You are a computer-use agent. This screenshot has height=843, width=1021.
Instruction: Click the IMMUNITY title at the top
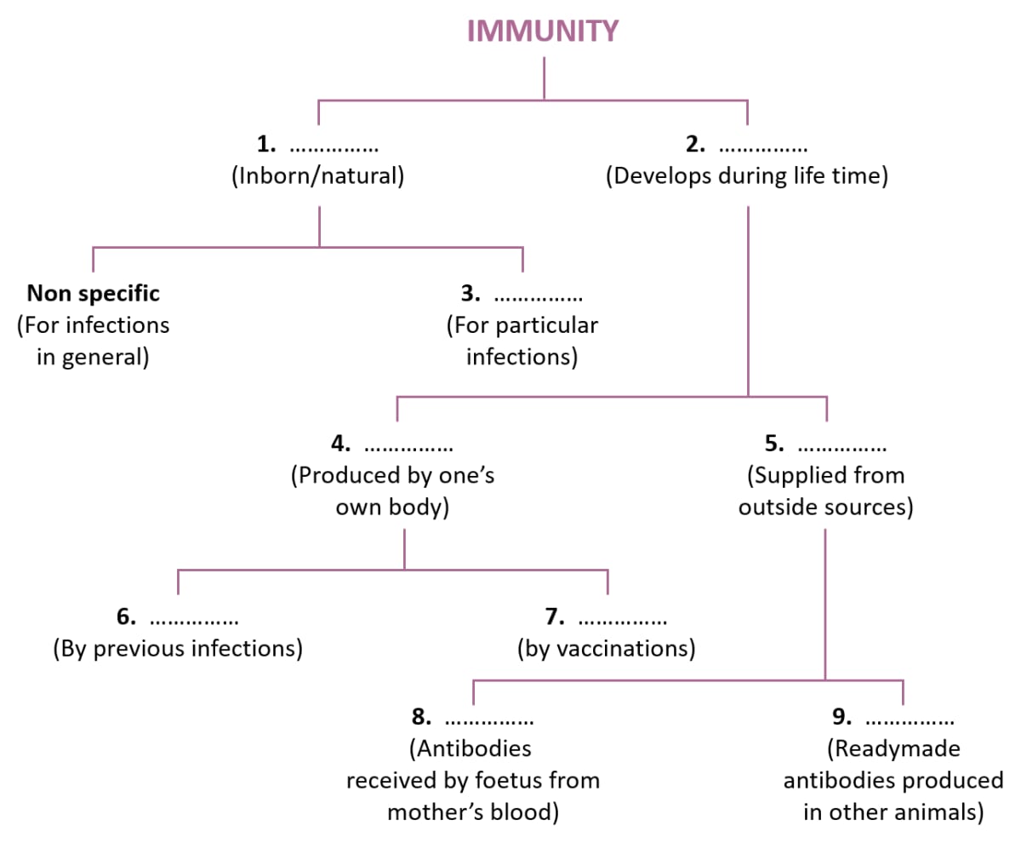point(543,32)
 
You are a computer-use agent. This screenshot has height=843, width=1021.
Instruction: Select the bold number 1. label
point(265,145)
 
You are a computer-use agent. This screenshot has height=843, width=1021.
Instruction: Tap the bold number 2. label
point(695,145)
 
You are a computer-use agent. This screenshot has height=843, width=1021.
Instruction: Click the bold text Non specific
point(94,294)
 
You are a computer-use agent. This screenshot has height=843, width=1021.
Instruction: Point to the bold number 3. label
point(471,294)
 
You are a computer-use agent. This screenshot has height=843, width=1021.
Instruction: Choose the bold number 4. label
point(340,444)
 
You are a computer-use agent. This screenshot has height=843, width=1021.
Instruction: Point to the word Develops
point(663,179)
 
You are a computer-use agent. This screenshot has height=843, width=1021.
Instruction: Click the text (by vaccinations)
point(606,649)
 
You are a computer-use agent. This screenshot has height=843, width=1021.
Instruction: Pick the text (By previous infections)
point(178,649)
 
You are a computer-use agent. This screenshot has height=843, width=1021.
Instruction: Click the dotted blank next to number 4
point(408,445)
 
